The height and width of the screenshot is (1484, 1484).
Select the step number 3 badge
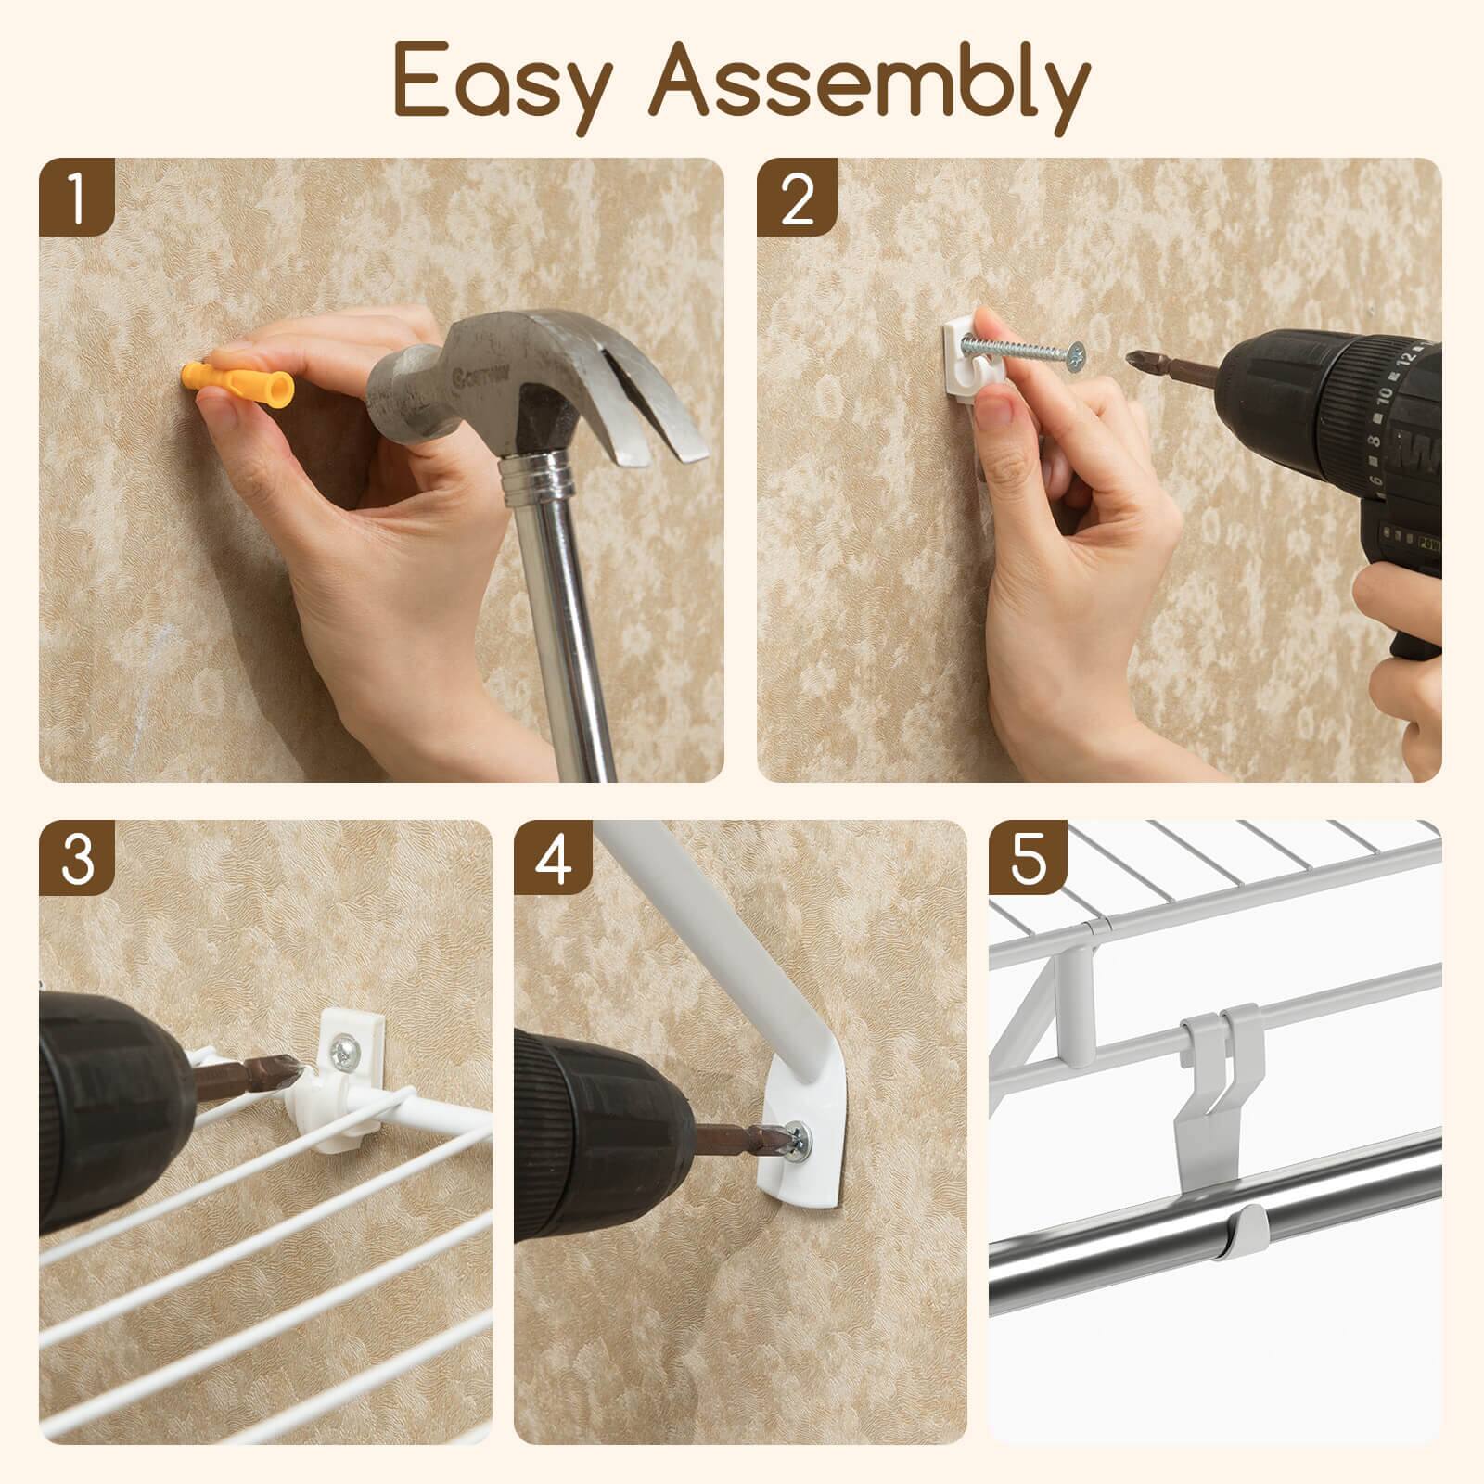pyautogui.click(x=77, y=860)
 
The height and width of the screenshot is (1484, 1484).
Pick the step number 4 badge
pyautogui.click(x=554, y=860)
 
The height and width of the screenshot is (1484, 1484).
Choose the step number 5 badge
pyautogui.click(x=1028, y=860)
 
